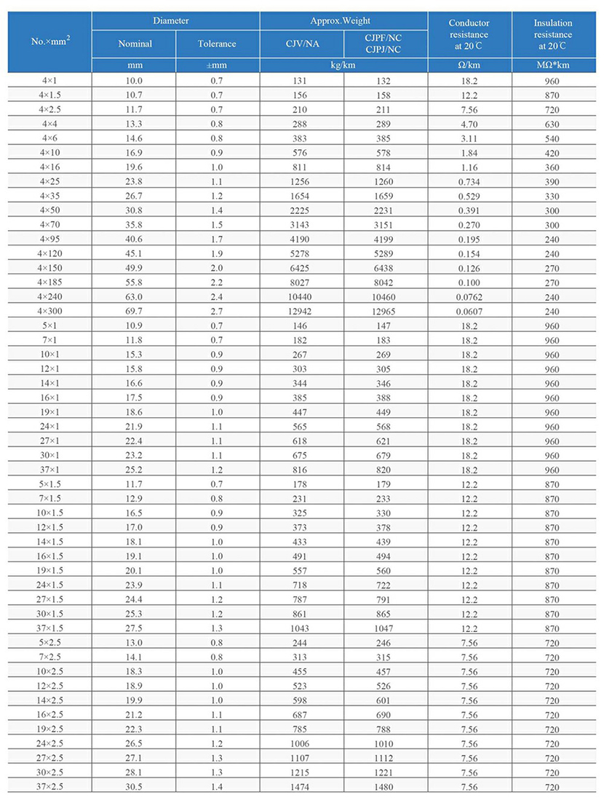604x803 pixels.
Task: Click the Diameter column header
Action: [x=175, y=21]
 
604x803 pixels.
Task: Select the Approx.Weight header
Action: [x=343, y=21]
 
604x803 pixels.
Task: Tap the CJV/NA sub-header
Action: [x=301, y=44]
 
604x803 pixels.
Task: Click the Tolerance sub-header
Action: [x=217, y=44]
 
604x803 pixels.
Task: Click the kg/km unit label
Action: [x=343, y=66]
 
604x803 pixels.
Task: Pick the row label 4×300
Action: [x=50, y=311]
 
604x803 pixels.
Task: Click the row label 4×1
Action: [x=50, y=81]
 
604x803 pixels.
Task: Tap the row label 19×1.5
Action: [x=50, y=570]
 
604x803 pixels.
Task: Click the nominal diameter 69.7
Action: [x=135, y=311]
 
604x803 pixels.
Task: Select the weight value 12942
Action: [x=301, y=311]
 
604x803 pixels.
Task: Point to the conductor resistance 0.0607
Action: [x=469, y=311]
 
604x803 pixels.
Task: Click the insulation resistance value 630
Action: [x=552, y=124]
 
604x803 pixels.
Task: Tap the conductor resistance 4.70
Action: [x=469, y=124]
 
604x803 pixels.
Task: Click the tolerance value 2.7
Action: [x=217, y=311]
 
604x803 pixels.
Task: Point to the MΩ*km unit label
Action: [x=552, y=66]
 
